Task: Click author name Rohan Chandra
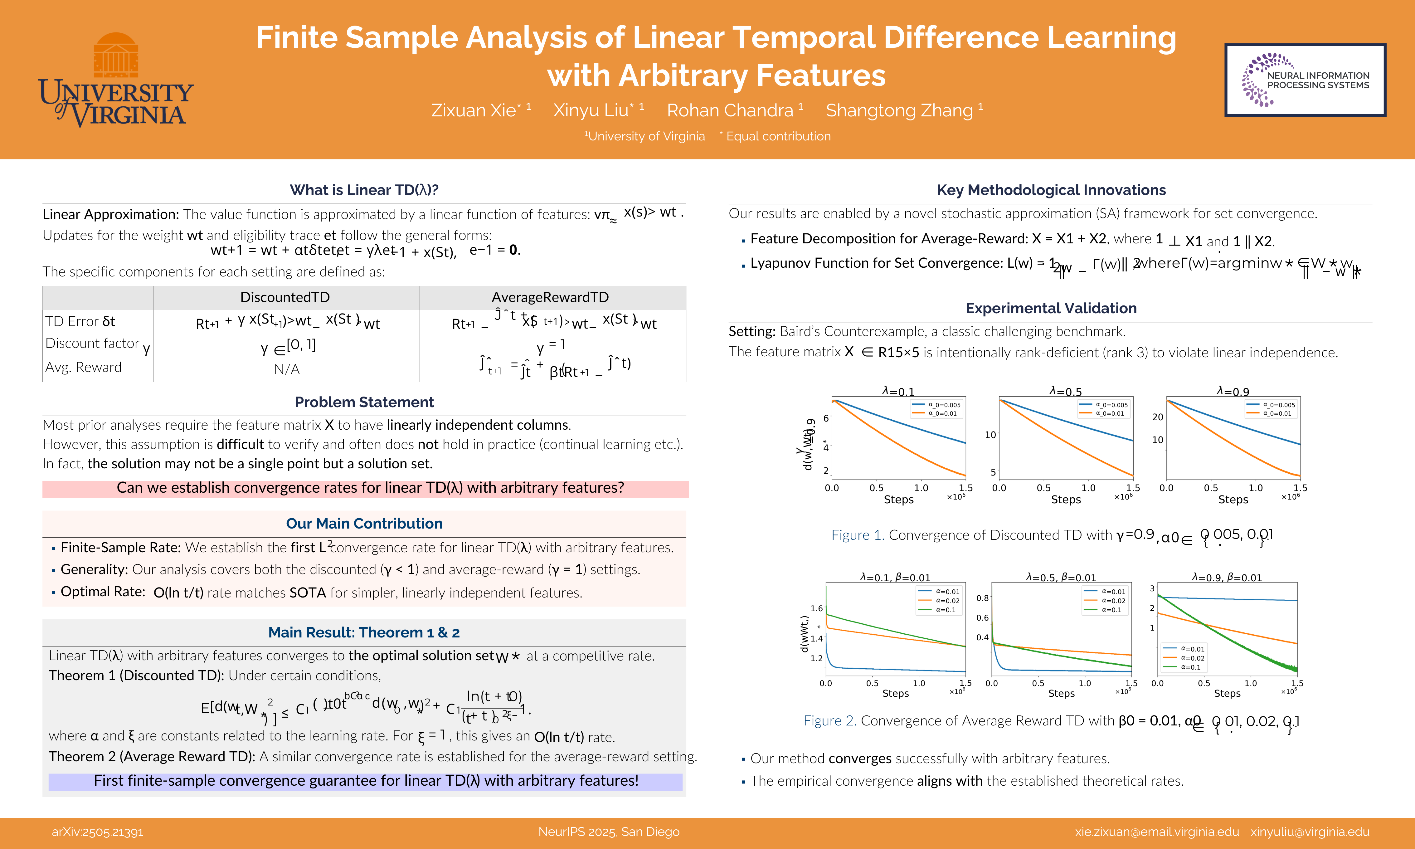730,110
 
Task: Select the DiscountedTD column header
285,297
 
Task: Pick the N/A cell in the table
287,369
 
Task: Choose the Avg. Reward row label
84,367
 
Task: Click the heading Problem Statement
364,402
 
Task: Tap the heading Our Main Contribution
364,524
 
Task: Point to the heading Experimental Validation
1051,308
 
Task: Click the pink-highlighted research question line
370,488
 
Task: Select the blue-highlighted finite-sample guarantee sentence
366,781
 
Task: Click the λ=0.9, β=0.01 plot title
1227,578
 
